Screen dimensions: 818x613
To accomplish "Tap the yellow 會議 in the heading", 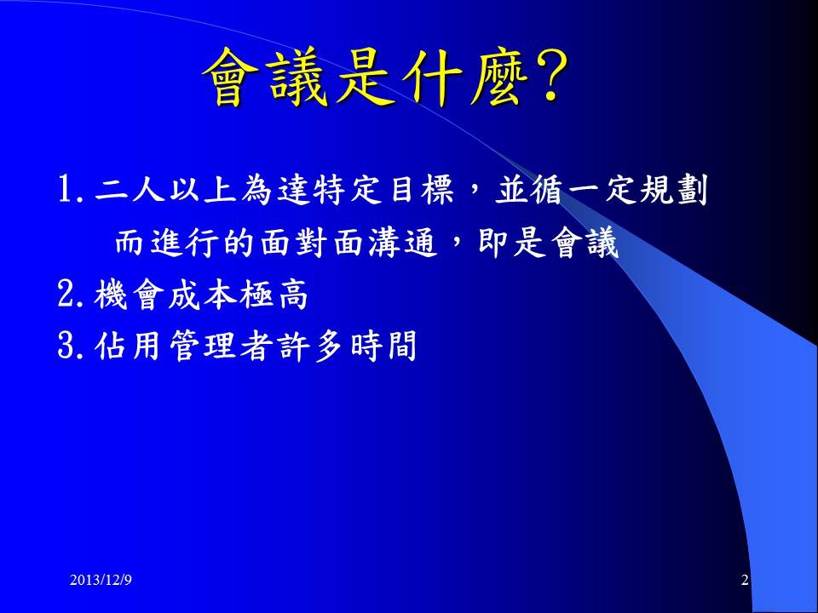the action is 266,78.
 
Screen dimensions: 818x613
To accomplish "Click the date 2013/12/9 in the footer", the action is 101,580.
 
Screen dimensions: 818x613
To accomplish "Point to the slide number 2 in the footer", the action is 745,580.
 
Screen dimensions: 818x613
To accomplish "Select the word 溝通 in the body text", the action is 402,243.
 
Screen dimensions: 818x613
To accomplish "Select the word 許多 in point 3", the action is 311,346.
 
